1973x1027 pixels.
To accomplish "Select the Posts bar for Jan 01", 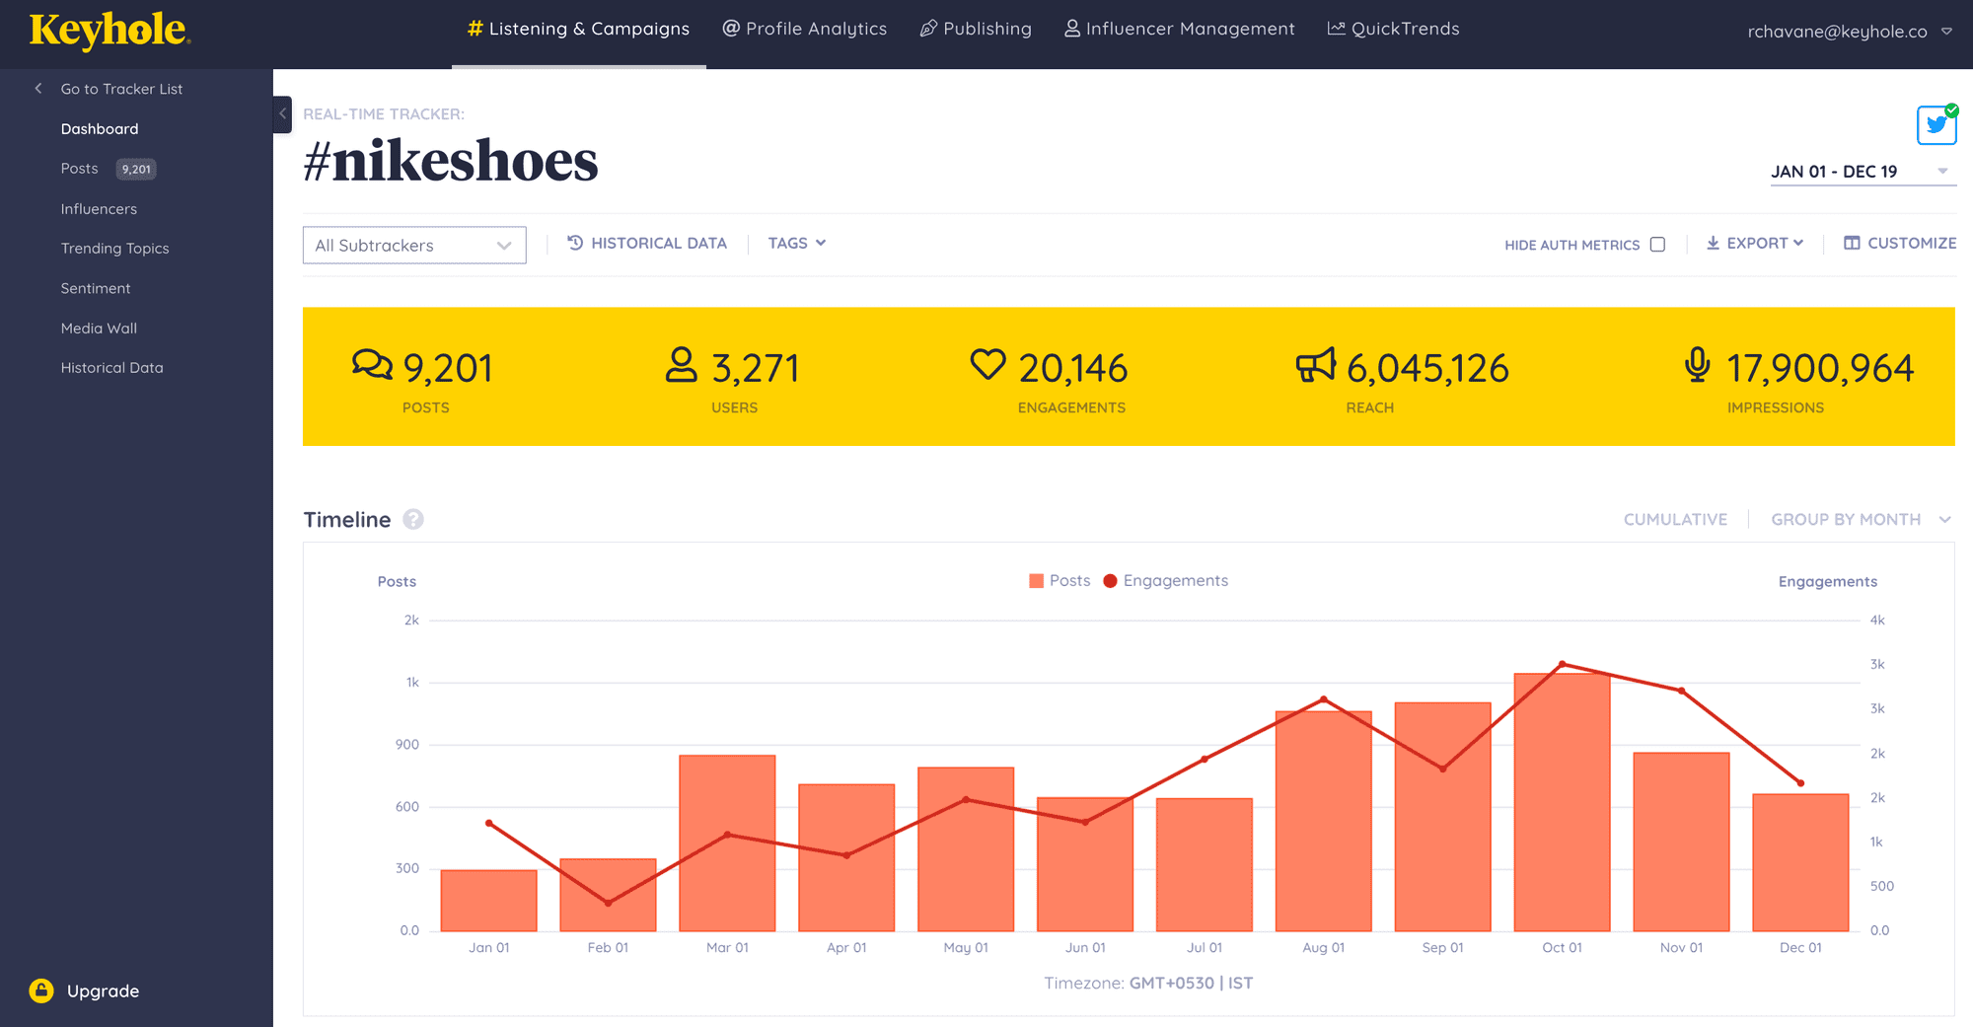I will pos(489,900).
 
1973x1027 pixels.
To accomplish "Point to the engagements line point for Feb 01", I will pos(608,903).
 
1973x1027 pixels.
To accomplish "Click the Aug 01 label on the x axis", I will pos(1323,948).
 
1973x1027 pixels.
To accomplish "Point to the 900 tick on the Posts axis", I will pos(407,745).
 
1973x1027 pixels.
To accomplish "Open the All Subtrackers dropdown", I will pos(414,246).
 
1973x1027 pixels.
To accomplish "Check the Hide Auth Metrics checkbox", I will pos(1657,245).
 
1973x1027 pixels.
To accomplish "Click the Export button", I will pos(1755,244).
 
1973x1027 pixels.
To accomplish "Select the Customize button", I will pos(1900,244).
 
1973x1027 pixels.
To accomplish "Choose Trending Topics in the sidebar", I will pos(114,249).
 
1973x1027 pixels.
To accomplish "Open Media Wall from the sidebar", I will pos(99,329).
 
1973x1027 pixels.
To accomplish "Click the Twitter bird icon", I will pos(1936,125).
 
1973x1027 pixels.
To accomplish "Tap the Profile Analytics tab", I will pos(805,30).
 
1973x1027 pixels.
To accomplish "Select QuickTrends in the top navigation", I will pos(1393,30).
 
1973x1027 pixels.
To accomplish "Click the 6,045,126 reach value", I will pos(1427,369).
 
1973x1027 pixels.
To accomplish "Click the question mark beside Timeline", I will pos(413,520).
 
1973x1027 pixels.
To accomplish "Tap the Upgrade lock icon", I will pos(41,990).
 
